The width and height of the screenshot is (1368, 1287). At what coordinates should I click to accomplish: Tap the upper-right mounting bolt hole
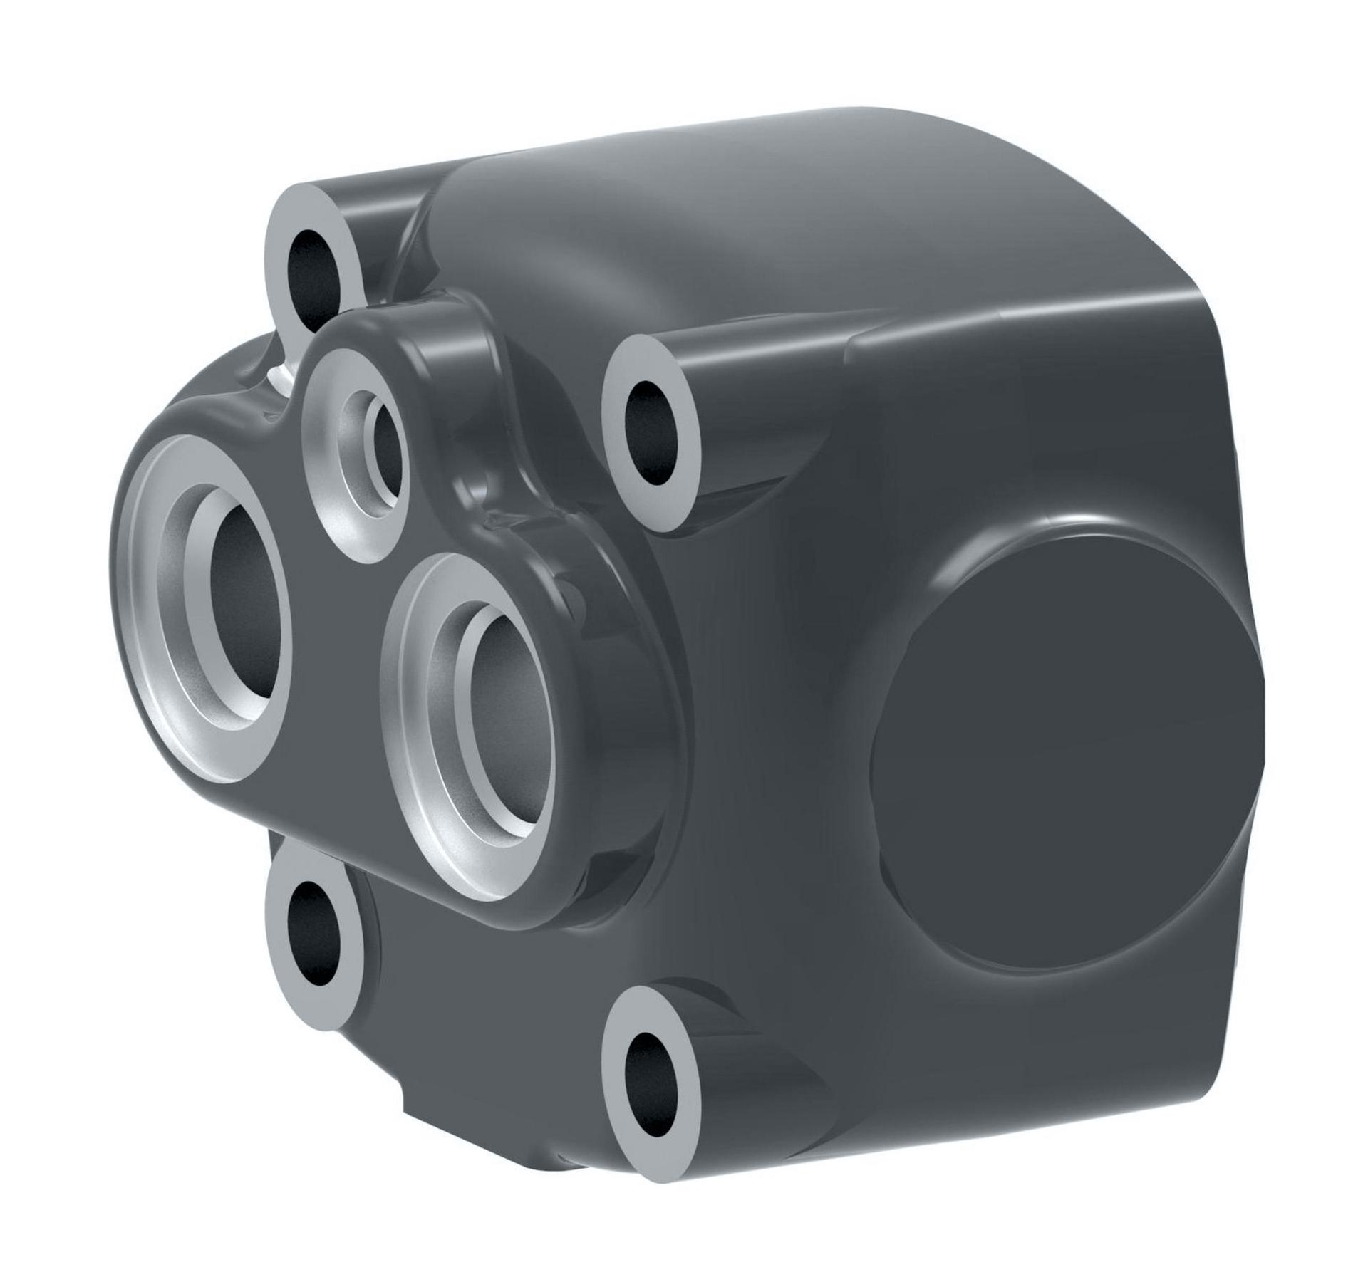(x=650, y=432)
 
